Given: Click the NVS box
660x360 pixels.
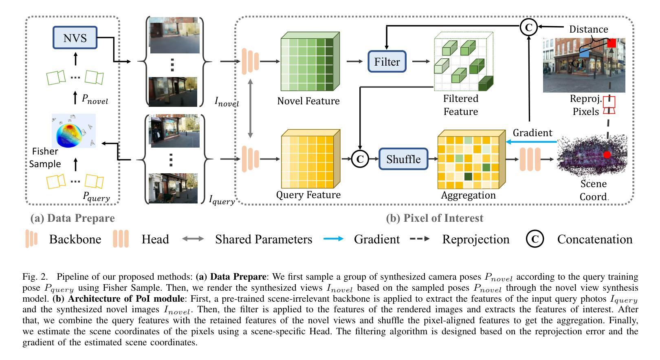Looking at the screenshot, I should click(75, 38).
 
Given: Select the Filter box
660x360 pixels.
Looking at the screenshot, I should click(387, 62).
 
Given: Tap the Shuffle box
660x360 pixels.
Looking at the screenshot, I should click(403, 159).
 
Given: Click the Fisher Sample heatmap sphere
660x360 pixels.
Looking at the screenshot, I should click(73, 130).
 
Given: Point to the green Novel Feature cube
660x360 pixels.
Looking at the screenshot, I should click(310, 62).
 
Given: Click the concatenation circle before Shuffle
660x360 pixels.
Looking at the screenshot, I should click(360, 159).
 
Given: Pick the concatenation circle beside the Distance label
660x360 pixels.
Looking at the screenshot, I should click(529, 27).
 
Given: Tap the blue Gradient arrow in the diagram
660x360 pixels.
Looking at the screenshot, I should click(532, 142).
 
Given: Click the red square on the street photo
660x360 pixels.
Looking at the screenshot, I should click(611, 43).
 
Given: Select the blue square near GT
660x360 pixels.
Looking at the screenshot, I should click(584, 53).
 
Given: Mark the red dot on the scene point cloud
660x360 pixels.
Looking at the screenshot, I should click(607, 155).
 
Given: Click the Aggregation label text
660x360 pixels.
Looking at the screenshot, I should click(468, 195).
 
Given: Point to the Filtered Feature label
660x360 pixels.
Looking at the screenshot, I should click(461, 105).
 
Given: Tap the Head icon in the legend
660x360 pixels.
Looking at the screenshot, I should click(121, 239).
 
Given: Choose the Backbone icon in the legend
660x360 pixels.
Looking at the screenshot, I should click(31, 239).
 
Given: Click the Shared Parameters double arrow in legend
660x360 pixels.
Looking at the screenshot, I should click(193, 239).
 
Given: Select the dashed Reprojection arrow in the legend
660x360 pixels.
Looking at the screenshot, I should click(420, 239).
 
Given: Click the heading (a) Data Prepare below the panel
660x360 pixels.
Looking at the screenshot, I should click(73, 218).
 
